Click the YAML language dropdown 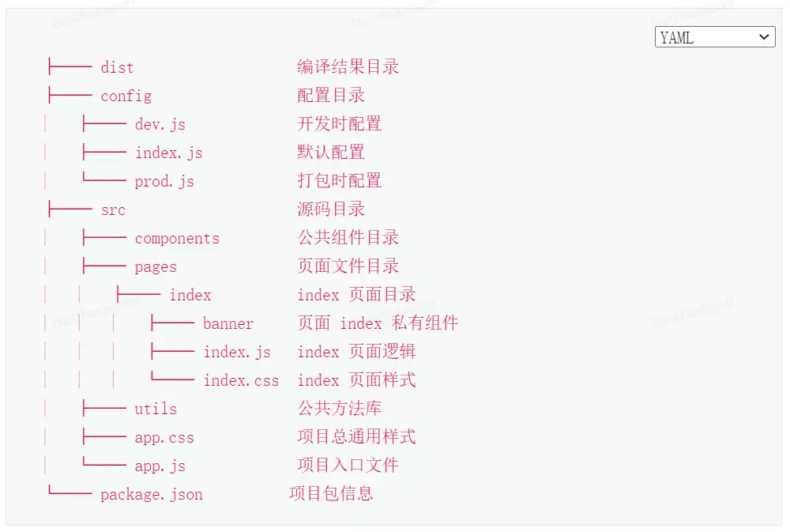(x=714, y=37)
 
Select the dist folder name (x=117, y=67)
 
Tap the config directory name (x=126, y=96)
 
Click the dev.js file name (x=160, y=125)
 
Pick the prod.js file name (x=164, y=182)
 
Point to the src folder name (x=113, y=209)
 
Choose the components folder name (x=177, y=239)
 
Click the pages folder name (x=156, y=267)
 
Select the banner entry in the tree (x=228, y=324)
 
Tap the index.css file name (x=241, y=381)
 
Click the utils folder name (x=156, y=409)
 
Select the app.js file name (x=160, y=466)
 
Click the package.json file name (x=152, y=495)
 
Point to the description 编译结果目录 (x=348, y=66)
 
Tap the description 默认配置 (x=331, y=153)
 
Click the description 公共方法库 (x=340, y=409)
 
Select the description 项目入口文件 (x=348, y=466)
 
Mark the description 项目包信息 (x=331, y=494)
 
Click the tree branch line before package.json (x=70, y=490)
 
